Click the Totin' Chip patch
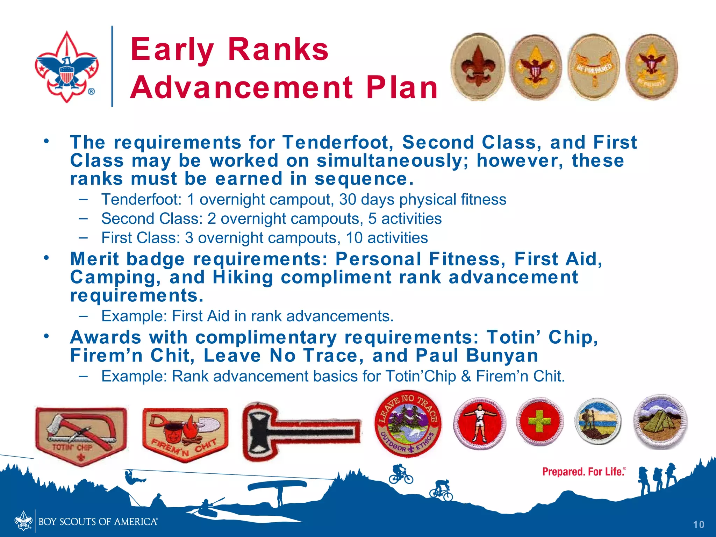81,435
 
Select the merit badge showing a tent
660,421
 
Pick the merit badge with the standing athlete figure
480,423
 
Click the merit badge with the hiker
597,421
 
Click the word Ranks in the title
278,50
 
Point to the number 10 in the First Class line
354,238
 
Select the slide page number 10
699,524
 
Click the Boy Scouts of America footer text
98,522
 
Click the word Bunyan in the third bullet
502,356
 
